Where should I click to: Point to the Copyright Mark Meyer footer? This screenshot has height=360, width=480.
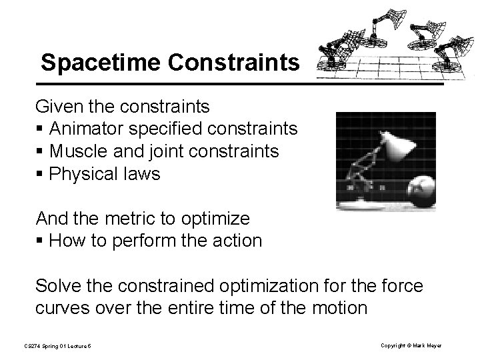[x=411, y=345]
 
